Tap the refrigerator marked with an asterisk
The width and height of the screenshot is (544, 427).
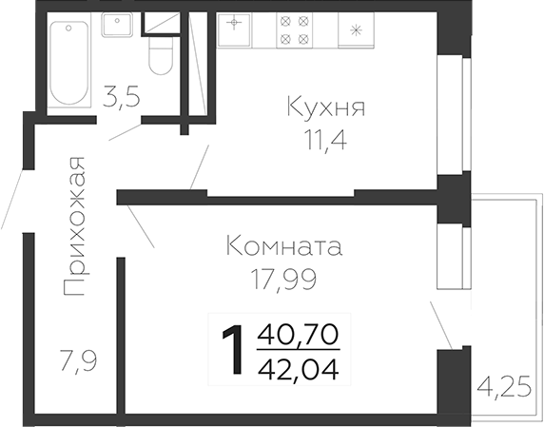pos(358,29)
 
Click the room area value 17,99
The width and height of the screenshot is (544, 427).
pos(283,280)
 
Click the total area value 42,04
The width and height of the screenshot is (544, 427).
pos(298,367)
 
